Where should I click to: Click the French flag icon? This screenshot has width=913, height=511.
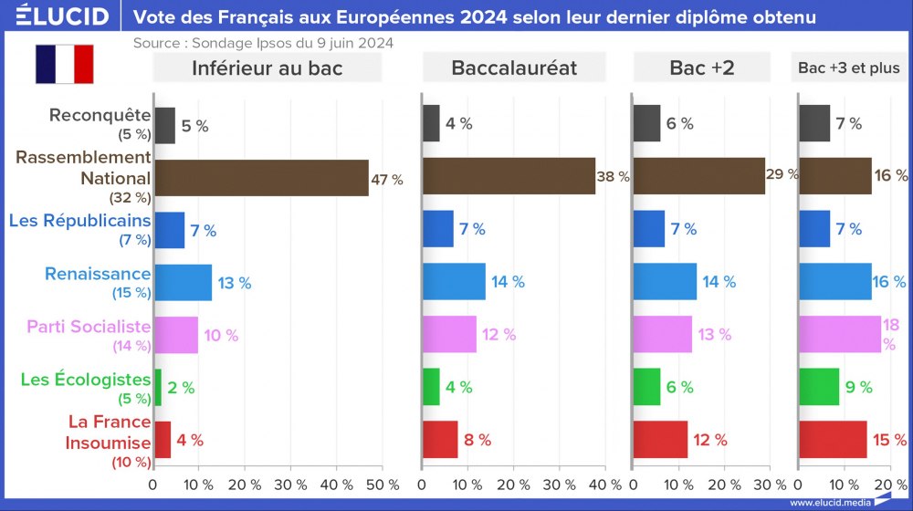point(65,64)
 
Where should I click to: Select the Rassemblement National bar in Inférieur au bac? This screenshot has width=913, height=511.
point(261,177)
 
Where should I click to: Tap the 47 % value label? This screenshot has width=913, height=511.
point(386,180)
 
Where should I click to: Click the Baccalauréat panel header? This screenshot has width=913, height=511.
point(514,68)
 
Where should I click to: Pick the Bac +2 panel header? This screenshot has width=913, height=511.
point(701,68)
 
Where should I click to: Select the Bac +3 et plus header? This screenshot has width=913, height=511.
point(848,68)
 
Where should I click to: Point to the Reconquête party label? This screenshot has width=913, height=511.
point(100,115)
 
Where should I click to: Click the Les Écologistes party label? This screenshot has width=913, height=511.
point(85,379)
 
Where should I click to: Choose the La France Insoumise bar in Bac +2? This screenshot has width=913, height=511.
point(659,439)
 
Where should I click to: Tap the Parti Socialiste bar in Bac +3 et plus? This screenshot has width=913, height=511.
point(840,334)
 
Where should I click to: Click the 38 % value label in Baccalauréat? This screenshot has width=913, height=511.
point(613,177)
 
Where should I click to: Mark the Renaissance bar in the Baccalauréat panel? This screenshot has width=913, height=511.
point(454,282)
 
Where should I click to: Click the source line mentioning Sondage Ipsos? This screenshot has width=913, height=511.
point(263,42)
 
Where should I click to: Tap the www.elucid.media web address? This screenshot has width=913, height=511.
point(827,502)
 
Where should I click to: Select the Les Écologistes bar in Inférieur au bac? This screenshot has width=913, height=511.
point(158,387)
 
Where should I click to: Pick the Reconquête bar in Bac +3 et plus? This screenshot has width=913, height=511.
point(814,124)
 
